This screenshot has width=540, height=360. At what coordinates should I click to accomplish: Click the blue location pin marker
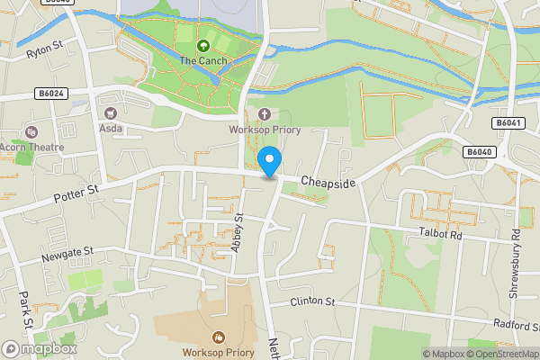269,162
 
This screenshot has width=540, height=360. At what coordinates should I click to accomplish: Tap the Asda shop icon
112,113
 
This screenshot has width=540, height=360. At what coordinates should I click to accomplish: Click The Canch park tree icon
202,44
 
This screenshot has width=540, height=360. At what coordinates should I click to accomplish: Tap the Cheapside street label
328,183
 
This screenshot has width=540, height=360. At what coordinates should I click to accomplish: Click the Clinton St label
312,301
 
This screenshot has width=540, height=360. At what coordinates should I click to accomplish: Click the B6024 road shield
50,92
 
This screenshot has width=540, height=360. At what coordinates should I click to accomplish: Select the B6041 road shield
508,122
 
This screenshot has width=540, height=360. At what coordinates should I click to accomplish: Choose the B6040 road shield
480,152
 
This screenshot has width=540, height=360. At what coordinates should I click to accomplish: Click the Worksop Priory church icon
264,113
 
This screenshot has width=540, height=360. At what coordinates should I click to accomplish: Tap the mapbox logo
40,348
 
